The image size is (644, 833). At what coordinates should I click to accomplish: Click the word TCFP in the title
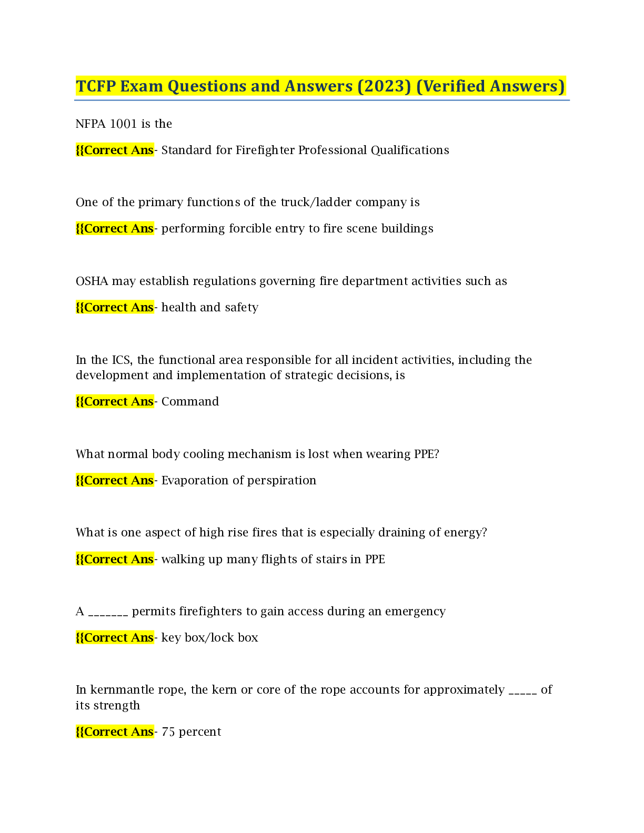(x=96, y=86)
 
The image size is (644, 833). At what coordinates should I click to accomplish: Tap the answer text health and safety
(x=210, y=308)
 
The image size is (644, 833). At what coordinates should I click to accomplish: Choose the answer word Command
(x=190, y=401)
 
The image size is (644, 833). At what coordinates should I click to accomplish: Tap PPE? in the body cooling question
(x=427, y=454)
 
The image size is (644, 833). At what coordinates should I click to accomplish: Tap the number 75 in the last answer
(x=168, y=732)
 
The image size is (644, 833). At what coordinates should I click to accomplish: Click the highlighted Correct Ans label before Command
(x=115, y=401)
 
